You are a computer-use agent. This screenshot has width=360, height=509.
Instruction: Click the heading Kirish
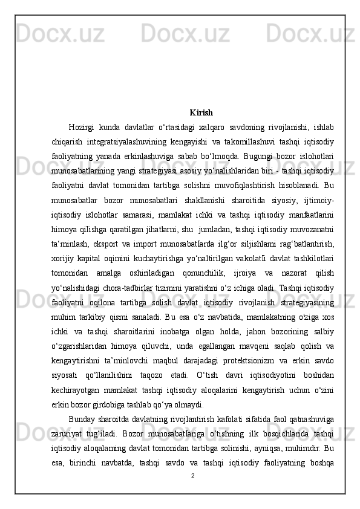[x=201, y=112]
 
